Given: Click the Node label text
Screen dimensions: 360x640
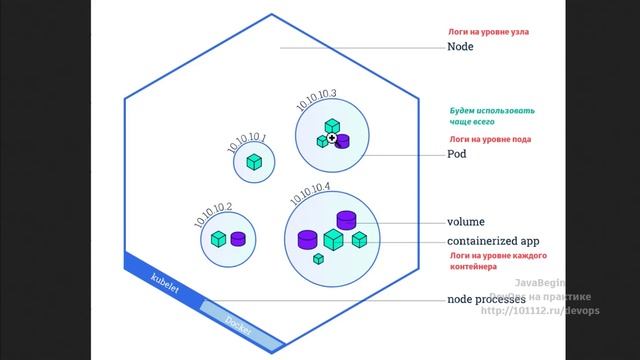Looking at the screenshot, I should click(461, 47).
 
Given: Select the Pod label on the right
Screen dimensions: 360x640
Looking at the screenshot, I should click(456, 156).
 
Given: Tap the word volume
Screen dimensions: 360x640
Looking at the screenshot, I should click(467, 222).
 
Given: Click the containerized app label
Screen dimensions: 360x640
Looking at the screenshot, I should click(493, 242).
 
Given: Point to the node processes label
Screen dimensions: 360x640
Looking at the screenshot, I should click(487, 300).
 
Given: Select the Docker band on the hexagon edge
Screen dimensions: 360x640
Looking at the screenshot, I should click(236, 321).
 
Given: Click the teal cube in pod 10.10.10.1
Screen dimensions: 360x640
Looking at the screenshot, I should click(256, 161).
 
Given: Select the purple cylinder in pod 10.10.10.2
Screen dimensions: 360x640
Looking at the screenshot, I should click(238, 239).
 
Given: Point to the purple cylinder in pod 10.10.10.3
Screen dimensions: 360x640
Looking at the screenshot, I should click(343, 140).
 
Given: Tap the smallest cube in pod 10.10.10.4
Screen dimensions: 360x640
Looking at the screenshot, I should click(318, 259).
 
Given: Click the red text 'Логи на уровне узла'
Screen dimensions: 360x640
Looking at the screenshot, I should click(487, 32).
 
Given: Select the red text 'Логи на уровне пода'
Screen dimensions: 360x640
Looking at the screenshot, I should click(488, 139).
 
